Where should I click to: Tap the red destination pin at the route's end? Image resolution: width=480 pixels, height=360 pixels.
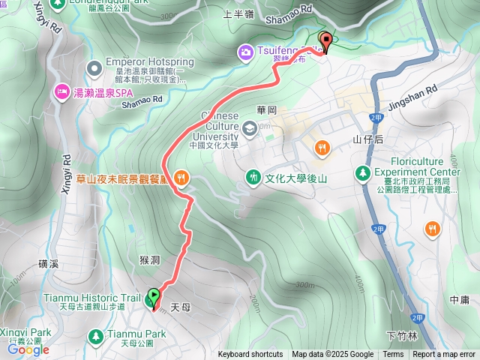point(325,43)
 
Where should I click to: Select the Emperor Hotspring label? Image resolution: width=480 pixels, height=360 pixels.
point(141,61)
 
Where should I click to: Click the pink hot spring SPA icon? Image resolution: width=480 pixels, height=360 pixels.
point(60,91)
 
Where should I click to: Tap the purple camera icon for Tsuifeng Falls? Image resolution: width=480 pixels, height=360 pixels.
point(245,52)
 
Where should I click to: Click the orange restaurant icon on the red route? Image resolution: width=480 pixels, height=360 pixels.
point(180,178)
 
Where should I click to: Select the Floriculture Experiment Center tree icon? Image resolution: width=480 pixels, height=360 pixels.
point(363,172)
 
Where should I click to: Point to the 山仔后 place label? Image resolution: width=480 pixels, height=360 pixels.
point(367,139)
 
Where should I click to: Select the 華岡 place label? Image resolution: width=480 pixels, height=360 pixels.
point(267,110)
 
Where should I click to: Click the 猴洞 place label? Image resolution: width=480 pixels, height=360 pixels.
point(150,259)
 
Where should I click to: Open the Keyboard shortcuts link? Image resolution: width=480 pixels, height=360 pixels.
point(250,355)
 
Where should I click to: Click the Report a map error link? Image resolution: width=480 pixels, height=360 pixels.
point(445,355)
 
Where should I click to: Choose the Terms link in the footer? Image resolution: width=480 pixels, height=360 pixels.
point(393,355)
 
